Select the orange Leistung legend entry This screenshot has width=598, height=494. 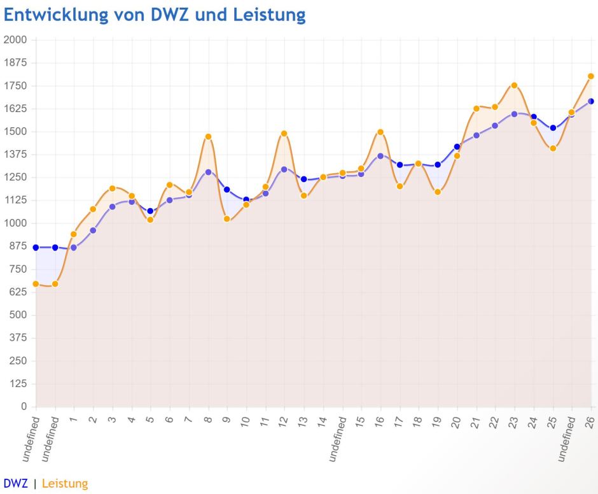coord(65,484)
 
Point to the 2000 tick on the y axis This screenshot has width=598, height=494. coord(15,40)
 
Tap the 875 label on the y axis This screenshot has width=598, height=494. coord(17,246)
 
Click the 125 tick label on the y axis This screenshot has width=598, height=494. coord(17,384)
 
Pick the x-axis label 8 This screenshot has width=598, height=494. coord(207,421)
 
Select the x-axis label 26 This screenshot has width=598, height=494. coord(590,423)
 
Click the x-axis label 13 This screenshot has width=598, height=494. coord(303,423)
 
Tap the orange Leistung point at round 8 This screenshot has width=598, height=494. coord(208,136)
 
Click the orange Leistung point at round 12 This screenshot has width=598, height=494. coord(284,134)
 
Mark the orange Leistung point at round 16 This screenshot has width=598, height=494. coord(380,132)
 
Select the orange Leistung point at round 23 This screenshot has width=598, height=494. coord(514,85)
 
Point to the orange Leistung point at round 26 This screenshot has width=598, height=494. coord(590,76)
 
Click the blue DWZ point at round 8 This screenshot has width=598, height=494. coord(208,172)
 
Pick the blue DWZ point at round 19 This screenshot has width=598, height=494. coord(438,165)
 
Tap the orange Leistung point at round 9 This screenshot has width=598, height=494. coord(226,219)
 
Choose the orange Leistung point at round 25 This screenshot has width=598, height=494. coord(553,148)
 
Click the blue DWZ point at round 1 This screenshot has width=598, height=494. coord(74,248)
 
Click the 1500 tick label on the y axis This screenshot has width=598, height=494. coord(15,132)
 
